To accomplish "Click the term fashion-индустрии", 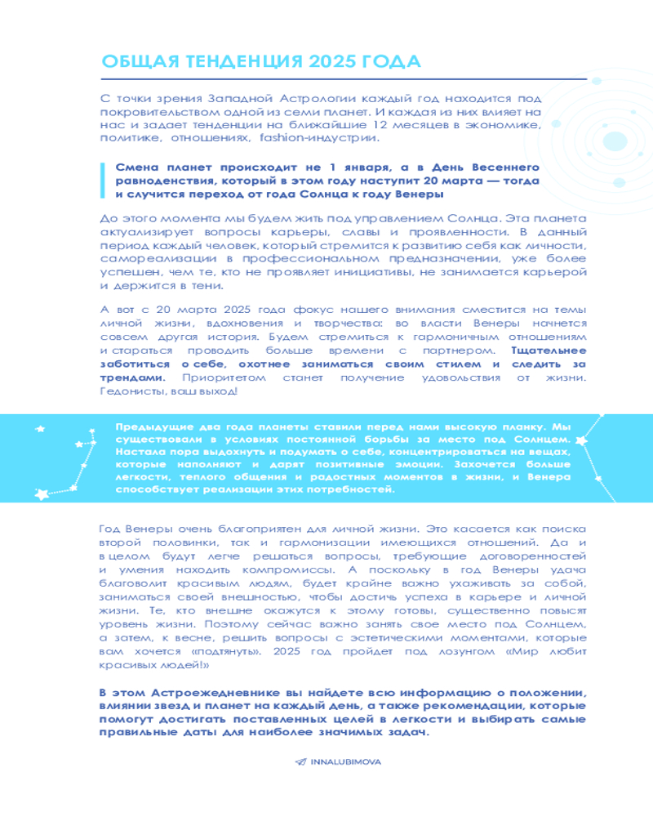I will [282, 138].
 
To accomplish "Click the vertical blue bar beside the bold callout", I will [101, 180].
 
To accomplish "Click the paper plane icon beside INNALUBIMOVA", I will [300, 761].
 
